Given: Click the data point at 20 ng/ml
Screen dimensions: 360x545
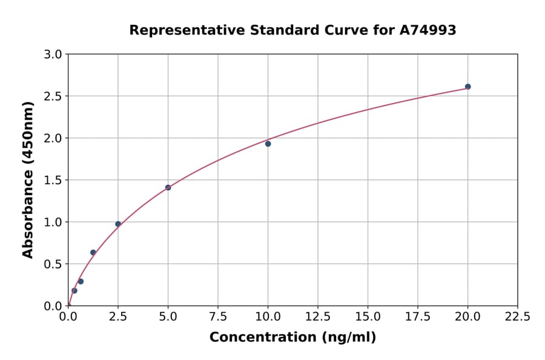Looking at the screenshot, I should (467, 87).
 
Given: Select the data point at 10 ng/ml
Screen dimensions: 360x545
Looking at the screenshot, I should (268, 144).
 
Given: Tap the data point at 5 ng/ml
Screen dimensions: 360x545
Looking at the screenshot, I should (168, 187).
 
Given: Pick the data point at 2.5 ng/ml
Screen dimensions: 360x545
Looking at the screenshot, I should (118, 224).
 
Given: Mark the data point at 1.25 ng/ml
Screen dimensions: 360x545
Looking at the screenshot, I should (93, 252).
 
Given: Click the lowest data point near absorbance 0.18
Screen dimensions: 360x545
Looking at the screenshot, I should (74, 290).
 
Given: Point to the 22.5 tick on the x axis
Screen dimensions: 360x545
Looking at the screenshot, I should (517, 316).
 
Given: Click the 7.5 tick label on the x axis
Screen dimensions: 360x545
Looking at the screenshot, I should (218, 316).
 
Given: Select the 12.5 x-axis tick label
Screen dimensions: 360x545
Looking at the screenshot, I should (318, 316).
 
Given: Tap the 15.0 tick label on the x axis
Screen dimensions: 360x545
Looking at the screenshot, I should (368, 316).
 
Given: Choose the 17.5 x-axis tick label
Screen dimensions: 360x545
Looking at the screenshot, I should (418, 316).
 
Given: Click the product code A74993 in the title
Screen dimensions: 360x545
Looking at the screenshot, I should (429, 30).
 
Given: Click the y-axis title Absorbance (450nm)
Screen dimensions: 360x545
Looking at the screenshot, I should (28, 179).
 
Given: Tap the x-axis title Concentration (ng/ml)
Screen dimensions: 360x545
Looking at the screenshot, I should (292, 337).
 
